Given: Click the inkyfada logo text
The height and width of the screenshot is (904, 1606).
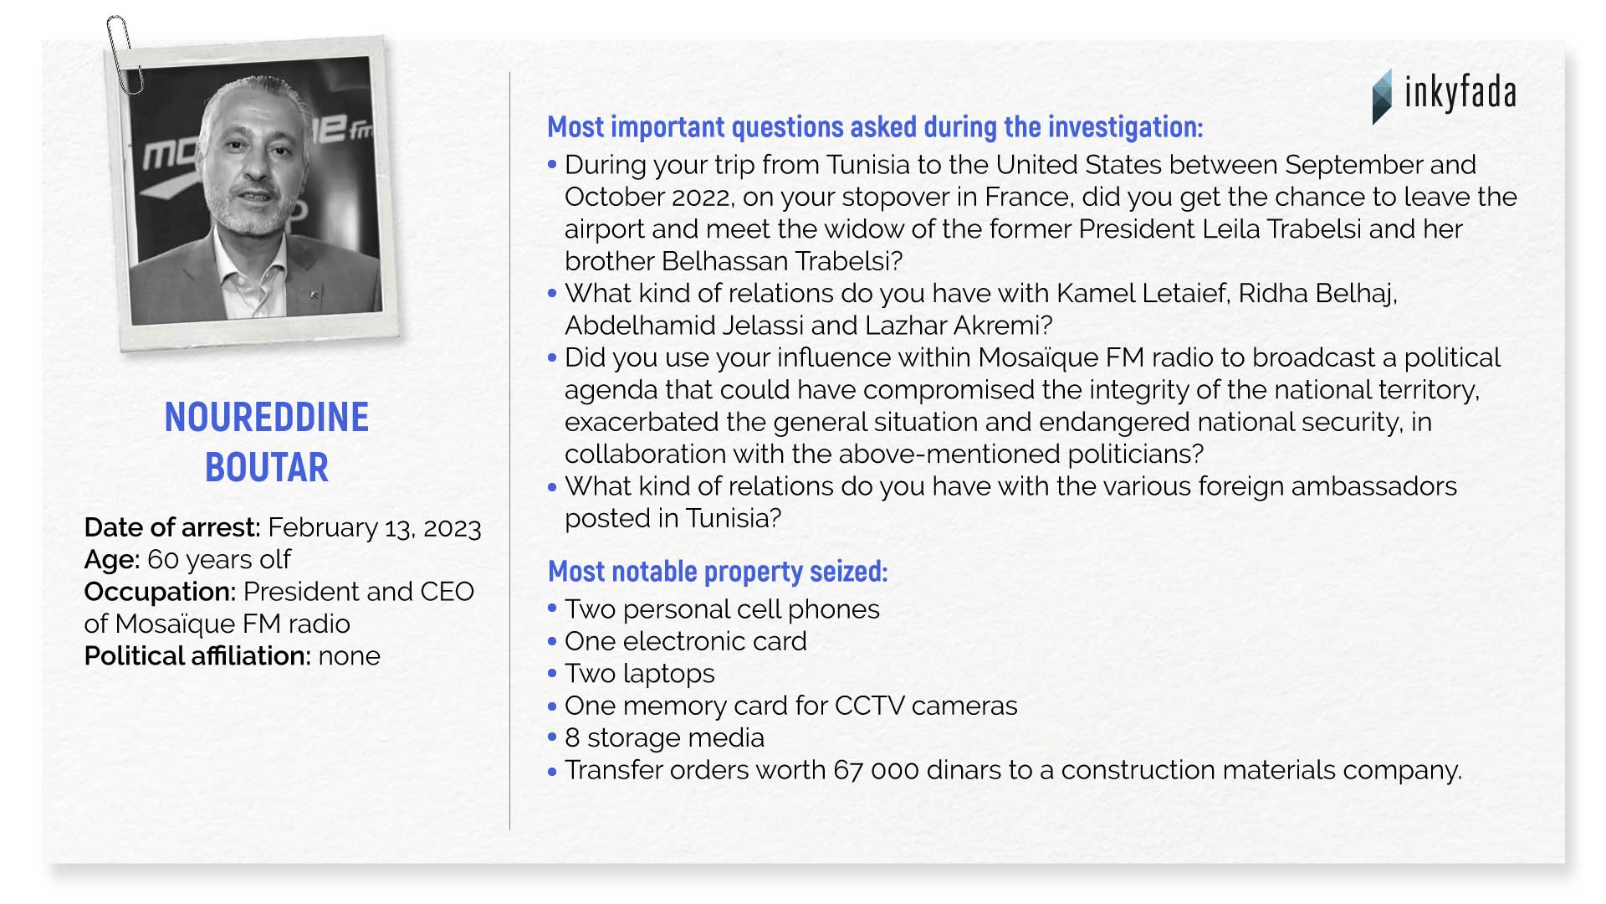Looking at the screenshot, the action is click(1460, 93).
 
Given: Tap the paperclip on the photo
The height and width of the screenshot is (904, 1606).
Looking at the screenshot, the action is click(124, 54).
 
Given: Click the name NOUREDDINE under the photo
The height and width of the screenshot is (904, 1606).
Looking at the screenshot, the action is click(267, 418).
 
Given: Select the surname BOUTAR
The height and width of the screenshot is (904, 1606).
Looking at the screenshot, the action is click(267, 468).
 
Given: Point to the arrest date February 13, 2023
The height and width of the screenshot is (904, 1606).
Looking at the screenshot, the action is click(375, 528).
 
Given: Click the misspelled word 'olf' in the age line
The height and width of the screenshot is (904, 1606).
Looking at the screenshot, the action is click(275, 559).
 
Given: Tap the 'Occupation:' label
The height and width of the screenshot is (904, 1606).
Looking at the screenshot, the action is click(160, 592).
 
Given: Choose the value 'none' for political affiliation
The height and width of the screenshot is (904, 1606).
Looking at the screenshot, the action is click(349, 656).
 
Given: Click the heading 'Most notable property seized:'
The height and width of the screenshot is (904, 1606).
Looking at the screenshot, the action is click(718, 572).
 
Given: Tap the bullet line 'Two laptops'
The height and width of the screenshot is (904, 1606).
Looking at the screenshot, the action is click(640, 674).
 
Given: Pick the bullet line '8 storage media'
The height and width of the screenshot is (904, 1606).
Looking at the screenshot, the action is click(664, 738).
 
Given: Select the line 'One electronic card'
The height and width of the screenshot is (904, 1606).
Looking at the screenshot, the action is click(686, 641).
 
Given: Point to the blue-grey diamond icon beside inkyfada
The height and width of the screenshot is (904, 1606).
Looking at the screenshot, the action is click(1383, 97).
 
